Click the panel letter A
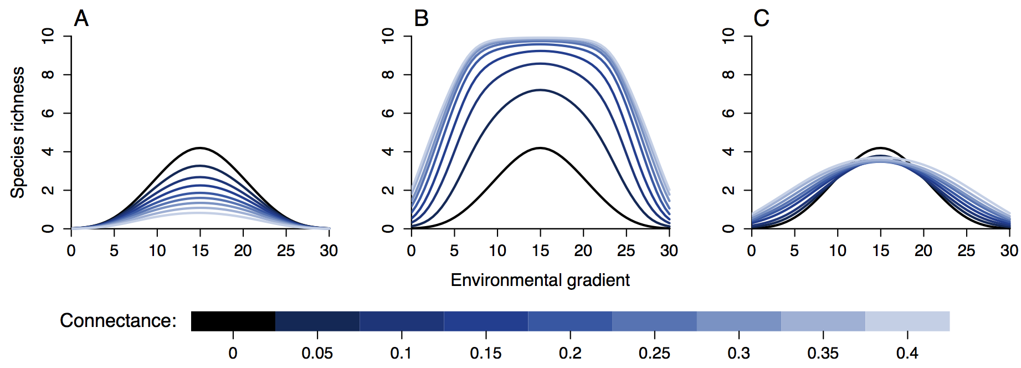click(x=81, y=18)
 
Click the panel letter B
click(x=422, y=18)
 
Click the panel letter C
click(x=761, y=18)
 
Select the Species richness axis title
click(x=18, y=132)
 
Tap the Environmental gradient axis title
click(x=540, y=280)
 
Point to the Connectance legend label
click(x=118, y=320)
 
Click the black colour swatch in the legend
click(x=233, y=321)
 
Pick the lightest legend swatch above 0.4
click(x=907, y=321)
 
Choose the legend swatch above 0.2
click(x=570, y=321)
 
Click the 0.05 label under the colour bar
click(x=317, y=353)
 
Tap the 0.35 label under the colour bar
click(x=823, y=353)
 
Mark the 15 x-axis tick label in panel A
click(x=200, y=251)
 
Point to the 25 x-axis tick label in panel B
click(x=626, y=251)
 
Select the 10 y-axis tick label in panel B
click(x=388, y=36)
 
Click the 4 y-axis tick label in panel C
click(x=728, y=151)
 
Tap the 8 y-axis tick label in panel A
click(x=48, y=74)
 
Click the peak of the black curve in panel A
click(x=200, y=148)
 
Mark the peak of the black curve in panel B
click(x=540, y=148)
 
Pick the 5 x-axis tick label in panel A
click(x=114, y=251)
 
